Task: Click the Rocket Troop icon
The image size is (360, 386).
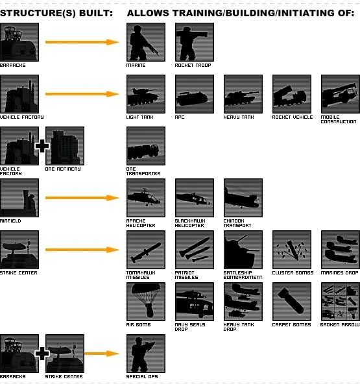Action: (195, 42)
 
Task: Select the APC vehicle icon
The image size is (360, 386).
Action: (195, 94)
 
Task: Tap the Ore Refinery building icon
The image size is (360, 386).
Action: (65, 146)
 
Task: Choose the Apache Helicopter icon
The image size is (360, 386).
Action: (146, 198)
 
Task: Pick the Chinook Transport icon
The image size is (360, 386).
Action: (243, 198)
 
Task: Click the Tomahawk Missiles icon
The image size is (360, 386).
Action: (146, 250)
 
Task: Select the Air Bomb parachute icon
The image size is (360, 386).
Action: (146, 302)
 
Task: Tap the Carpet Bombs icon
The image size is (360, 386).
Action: (292, 302)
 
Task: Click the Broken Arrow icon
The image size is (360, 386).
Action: (341, 302)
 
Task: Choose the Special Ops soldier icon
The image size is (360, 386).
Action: (146, 354)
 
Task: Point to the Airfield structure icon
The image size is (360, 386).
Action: (19, 198)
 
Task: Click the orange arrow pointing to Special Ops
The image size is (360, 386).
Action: (102, 354)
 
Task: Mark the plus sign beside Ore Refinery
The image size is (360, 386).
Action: (42, 146)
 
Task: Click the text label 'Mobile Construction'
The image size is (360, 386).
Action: (338, 119)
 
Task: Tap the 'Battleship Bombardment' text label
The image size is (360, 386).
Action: (243, 275)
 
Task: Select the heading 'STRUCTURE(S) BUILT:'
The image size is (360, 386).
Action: (56, 13)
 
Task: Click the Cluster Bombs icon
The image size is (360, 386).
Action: (292, 250)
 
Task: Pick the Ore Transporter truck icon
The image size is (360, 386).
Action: (146, 146)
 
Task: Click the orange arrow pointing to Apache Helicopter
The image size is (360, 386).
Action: (82, 198)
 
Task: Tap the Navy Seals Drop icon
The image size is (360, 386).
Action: (195, 302)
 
